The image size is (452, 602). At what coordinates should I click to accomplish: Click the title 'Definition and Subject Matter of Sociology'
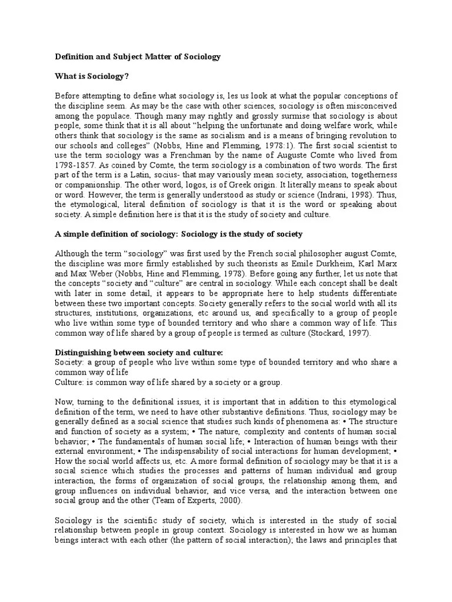pyautogui.click(x=138, y=57)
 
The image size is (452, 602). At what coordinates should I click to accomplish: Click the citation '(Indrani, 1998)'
pyautogui.click(x=348, y=193)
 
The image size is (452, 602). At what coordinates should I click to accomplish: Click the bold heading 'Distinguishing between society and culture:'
pyautogui.click(x=139, y=352)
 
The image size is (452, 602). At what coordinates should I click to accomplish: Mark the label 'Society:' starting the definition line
pyautogui.click(x=70, y=362)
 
